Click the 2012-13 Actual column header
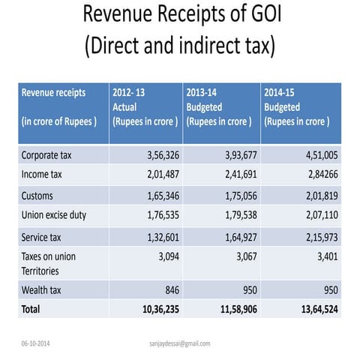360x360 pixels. (145, 106)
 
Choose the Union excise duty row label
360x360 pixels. (54, 215)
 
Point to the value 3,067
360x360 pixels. (241, 257)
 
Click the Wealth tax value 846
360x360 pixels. (169, 289)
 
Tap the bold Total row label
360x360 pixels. (31, 308)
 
